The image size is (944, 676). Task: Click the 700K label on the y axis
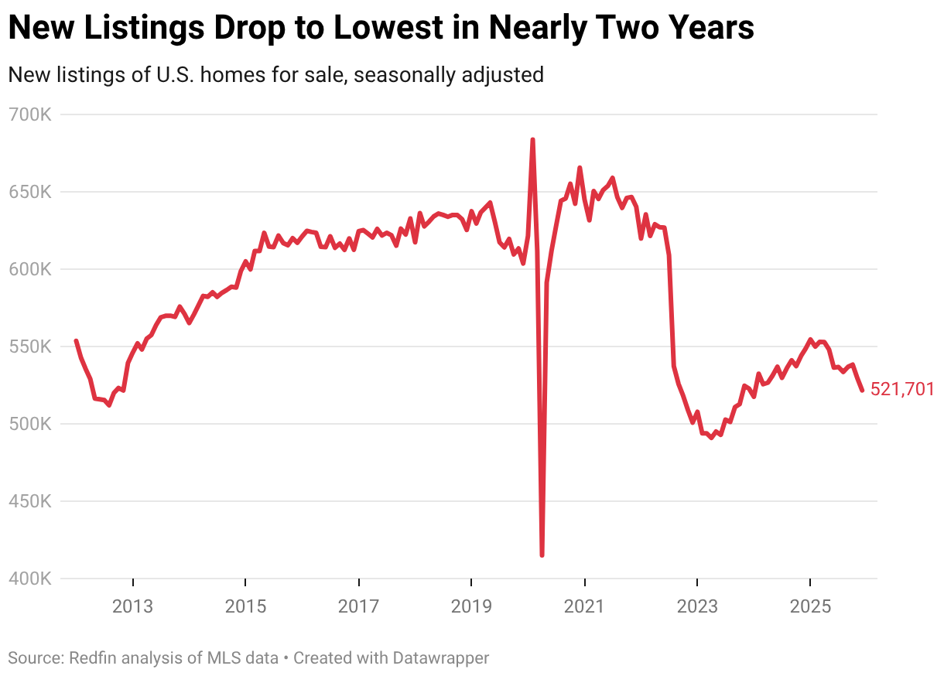pyautogui.click(x=29, y=115)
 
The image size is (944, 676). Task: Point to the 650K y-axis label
pyautogui.click(x=29, y=193)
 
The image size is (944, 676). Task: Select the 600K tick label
pyautogui.click(x=29, y=270)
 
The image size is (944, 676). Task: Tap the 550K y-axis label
pyautogui.click(x=29, y=347)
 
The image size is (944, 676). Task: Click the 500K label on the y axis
pyautogui.click(x=29, y=425)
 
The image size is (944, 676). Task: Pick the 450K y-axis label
pyautogui.click(x=29, y=502)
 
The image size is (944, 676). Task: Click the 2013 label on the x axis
pyautogui.click(x=133, y=606)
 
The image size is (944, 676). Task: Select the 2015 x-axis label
pyautogui.click(x=245, y=606)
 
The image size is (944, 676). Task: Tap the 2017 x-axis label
pyautogui.click(x=358, y=606)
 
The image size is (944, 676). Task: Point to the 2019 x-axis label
pyautogui.click(x=471, y=606)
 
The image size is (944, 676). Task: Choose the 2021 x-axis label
pyautogui.click(x=584, y=606)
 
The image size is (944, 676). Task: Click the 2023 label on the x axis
pyautogui.click(x=697, y=606)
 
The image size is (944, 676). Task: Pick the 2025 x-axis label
pyautogui.click(x=810, y=606)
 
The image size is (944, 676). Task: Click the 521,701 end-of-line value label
pyautogui.click(x=902, y=390)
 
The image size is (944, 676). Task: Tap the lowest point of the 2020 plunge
pyautogui.click(x=542, y=555)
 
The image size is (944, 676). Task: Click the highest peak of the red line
pyautogui.click(x=532, y=140)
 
